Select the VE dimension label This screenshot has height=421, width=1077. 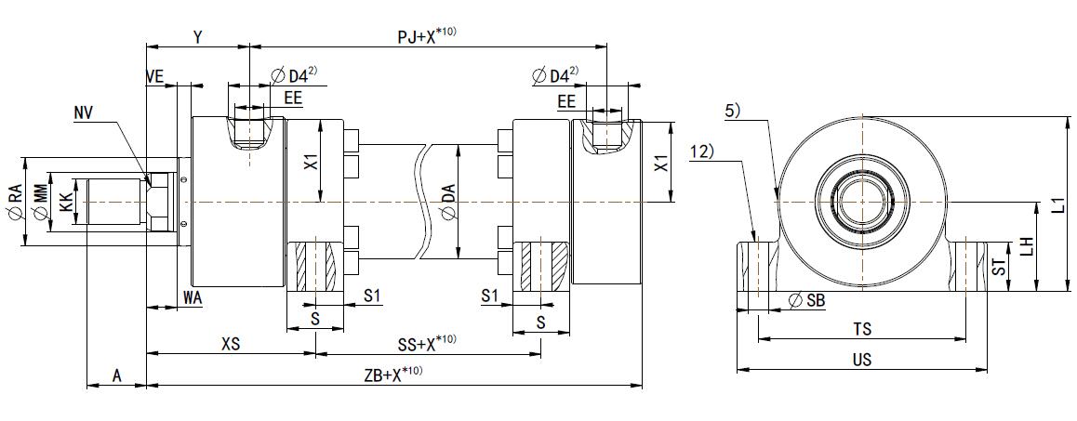coord(155,76)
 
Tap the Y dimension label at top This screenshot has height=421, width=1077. coord(198,36)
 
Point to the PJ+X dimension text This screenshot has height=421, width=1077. coord(426,36)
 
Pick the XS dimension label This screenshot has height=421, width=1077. coord(231,344)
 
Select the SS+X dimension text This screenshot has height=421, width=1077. coord(427,344)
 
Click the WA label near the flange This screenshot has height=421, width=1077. coord(193,297)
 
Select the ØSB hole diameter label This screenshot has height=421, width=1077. coord(806,300)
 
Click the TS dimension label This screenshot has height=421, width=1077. coord(862,330)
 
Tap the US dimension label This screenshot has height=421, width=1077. coord(861,360)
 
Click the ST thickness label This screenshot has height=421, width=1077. coord(998,268)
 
